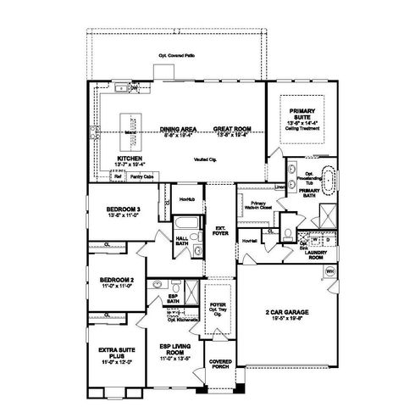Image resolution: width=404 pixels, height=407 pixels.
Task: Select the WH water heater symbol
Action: (330, 271)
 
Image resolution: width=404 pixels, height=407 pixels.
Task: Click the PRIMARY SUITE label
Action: (302, 114)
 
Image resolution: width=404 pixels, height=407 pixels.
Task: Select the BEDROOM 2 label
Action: (114, 280)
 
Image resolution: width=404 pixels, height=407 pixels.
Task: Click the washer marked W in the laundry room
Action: (315, 240)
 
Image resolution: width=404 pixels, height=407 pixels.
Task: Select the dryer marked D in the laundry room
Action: (329, 240)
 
